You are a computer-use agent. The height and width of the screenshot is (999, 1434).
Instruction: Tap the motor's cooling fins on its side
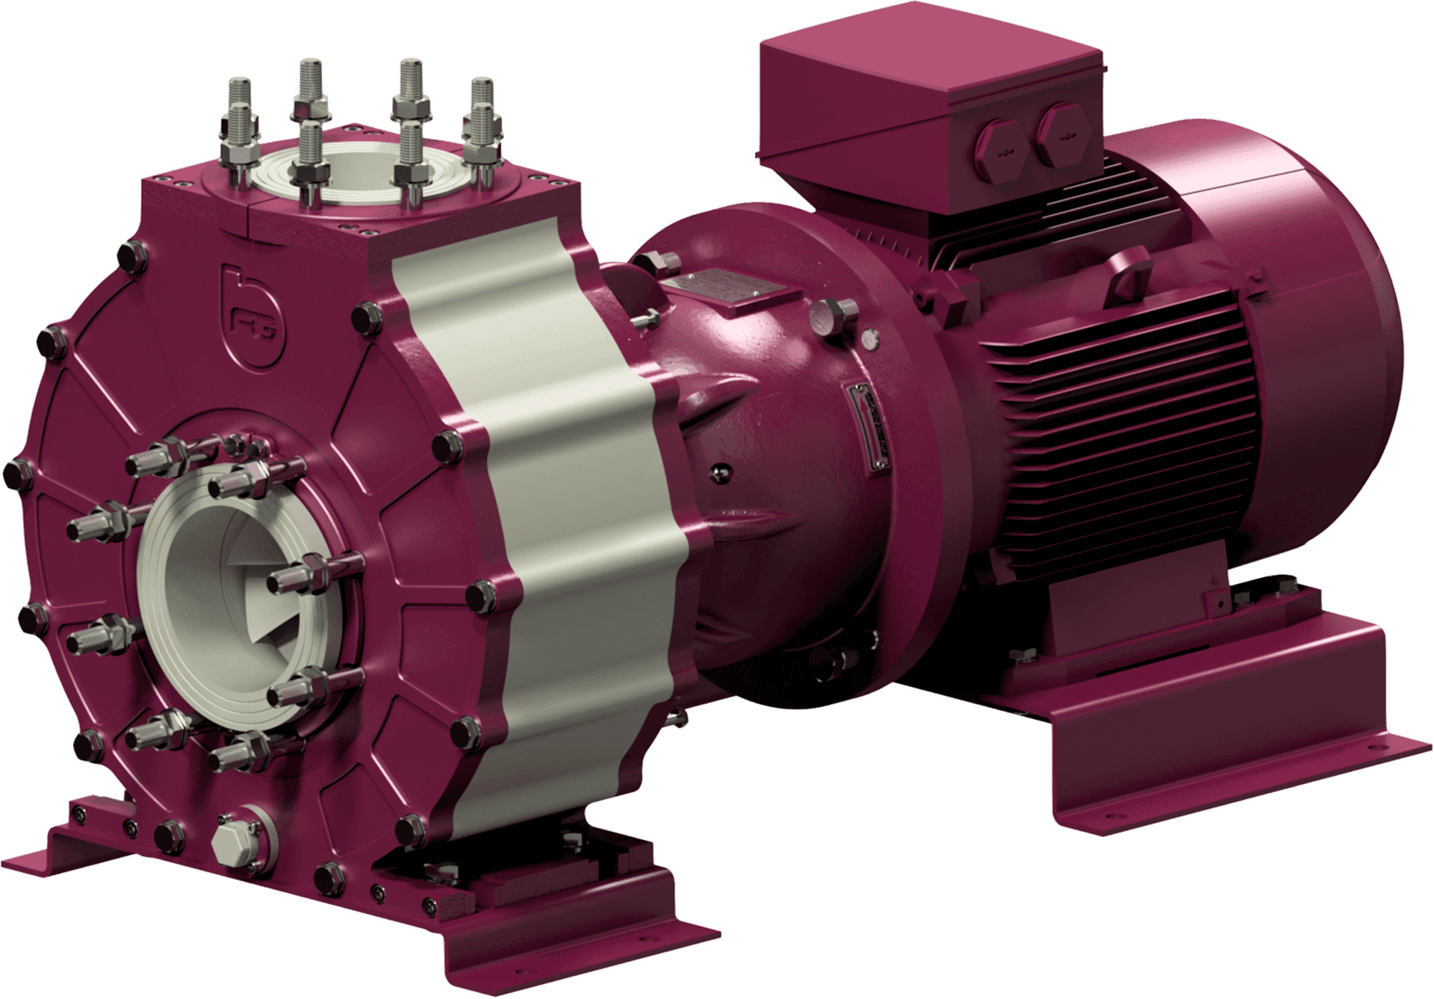(x=1105, y=418)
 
